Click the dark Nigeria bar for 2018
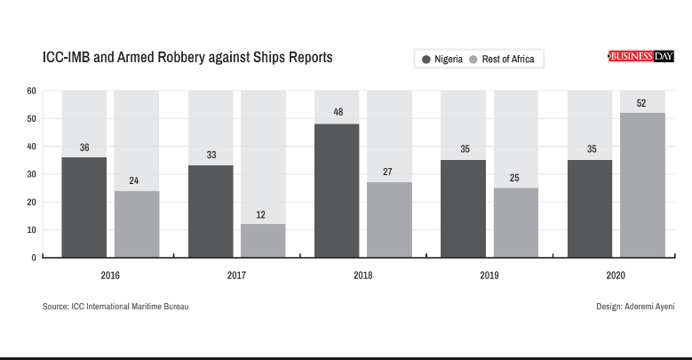coord(338,190)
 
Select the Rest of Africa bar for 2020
coord(642,185)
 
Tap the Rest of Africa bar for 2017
coord(263,240)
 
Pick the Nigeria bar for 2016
coord(84,207)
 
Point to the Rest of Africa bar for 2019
coord(516,222)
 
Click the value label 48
coord(338,113)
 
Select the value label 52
coord(641,103)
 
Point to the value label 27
coord(388,172)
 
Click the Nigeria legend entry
coord(441,60)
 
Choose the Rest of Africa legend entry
coord(502,60)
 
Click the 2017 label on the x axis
coord(237,276)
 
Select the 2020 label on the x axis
coord(616,276)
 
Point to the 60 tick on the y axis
coord(31,91)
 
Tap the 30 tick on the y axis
coord(31,174)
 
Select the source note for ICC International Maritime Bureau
coord(115,307)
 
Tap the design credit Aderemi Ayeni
coord(636,307)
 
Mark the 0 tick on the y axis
coord(34,258)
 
